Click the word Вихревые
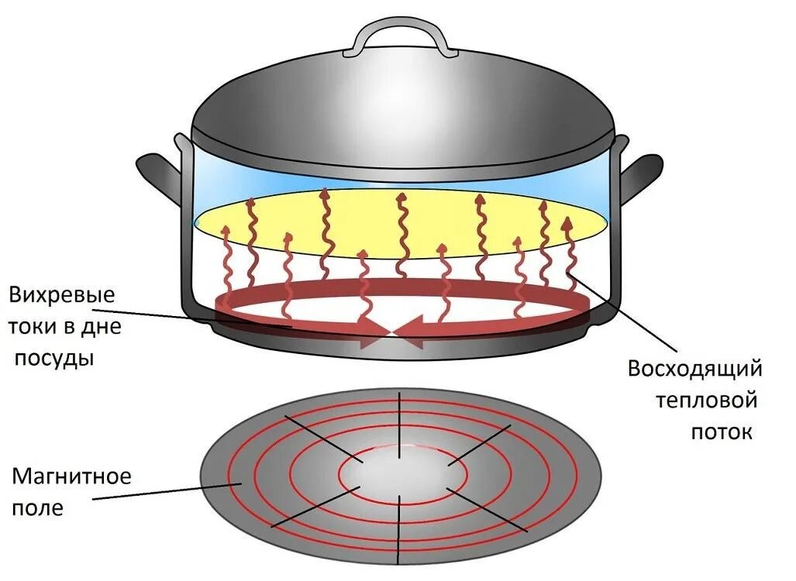(x=62, y=295)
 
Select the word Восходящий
(x=694, y=368)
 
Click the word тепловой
(x=705, y=401)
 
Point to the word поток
(x=722, y=431)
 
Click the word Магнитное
(x=71, y=475)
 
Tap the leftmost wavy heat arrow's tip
(x=226, y=230)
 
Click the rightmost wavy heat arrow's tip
(x=567, y=224)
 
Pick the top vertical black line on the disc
(x=399, y=419)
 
